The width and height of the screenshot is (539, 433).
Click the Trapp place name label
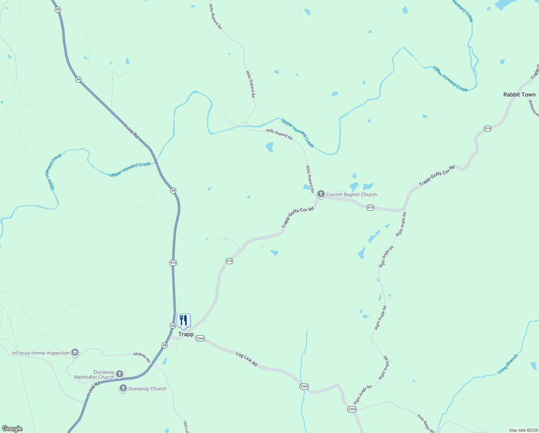(x=186, y=334)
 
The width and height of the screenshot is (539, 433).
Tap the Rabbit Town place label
(x=519, y=95)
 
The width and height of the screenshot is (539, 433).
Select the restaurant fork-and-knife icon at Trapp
(x=183, y=320)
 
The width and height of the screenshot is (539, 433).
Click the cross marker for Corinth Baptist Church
(x=321, y=194)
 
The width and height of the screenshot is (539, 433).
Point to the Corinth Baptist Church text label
(x=351, y=194)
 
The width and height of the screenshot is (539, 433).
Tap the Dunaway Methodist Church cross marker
(x=120, y=374)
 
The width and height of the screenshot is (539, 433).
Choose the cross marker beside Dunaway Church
(x=123, y=388)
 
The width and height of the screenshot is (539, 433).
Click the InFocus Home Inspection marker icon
(x=75, y=353)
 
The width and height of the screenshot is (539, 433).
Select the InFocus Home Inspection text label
(x=41, y=353)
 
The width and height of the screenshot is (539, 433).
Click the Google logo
(x=12, y=429)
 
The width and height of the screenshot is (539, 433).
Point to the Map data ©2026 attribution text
(x=523, y=430)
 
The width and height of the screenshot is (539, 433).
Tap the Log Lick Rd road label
(x=246, y=359)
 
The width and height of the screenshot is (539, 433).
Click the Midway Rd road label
(x=142, y=357)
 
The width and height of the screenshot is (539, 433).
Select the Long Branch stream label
(x=508, y=364)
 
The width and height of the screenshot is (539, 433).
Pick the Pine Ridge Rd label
(x=426, y=423)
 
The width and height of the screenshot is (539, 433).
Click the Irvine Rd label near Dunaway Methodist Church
(x=93, y=390)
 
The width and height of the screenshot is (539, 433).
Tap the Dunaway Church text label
(x=147, y=389)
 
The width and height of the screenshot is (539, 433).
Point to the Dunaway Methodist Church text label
(x=94, y=375)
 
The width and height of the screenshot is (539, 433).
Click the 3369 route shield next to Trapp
(x=200, y=338)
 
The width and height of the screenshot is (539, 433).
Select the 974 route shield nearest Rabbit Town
(x=487, y=128)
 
